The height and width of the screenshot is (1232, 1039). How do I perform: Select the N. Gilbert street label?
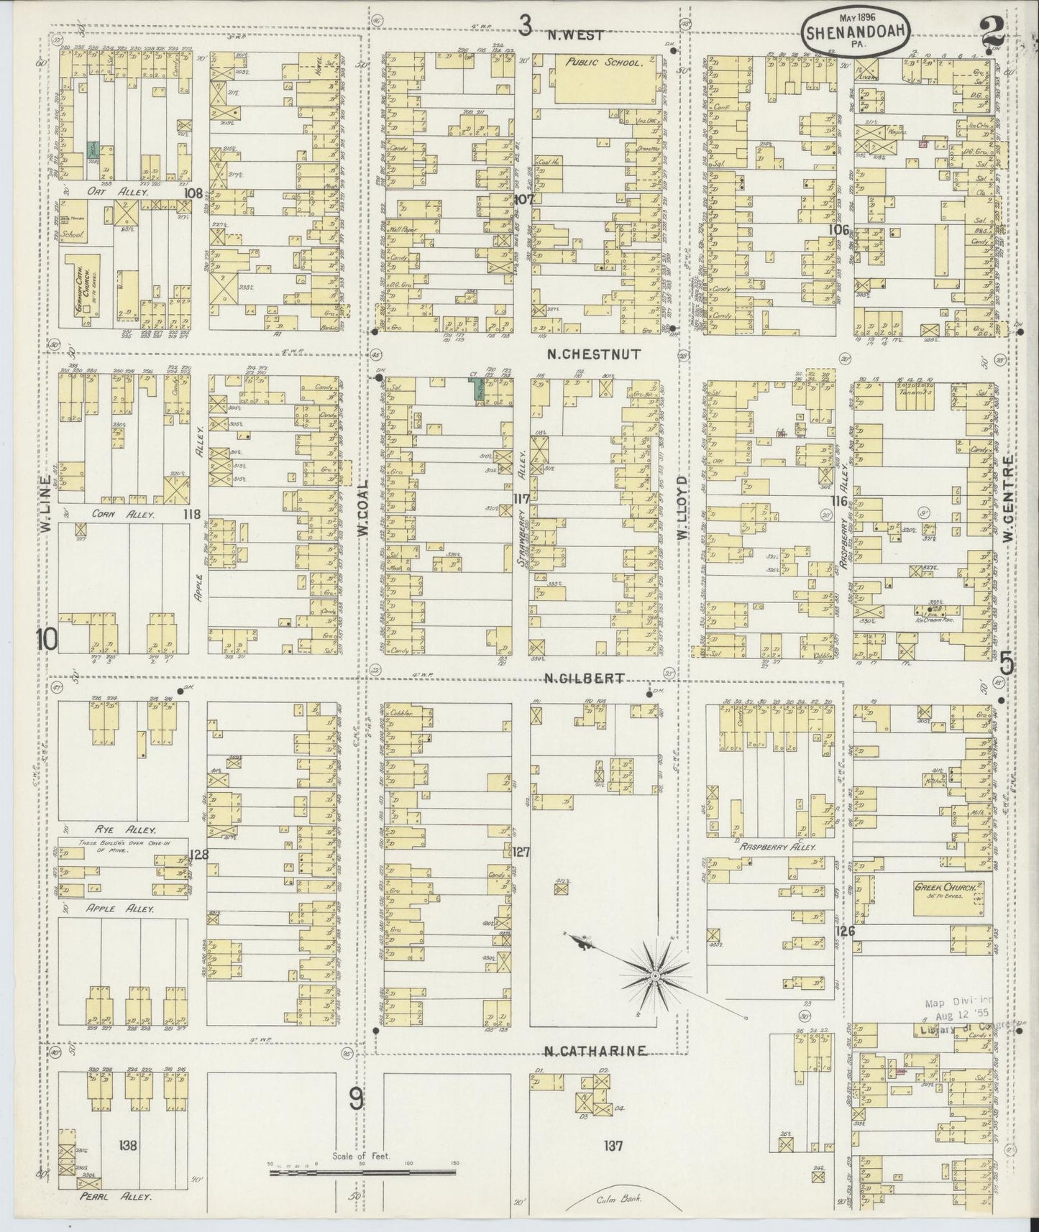583,678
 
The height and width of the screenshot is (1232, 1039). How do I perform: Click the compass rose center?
655,975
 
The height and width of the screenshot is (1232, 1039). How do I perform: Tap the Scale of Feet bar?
362,1172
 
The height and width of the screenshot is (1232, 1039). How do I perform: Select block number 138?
129,1146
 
